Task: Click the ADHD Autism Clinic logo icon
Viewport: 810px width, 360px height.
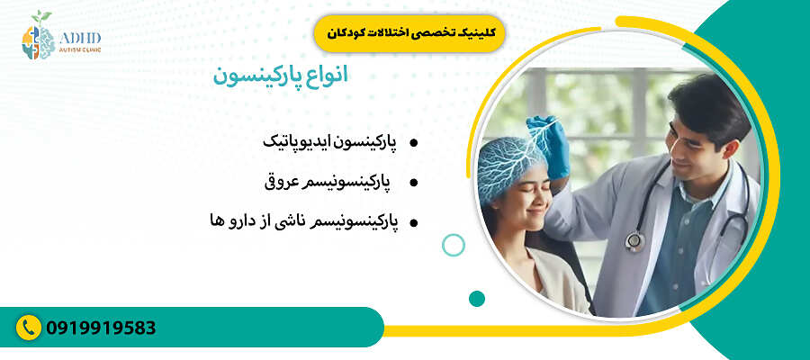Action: point(38,36)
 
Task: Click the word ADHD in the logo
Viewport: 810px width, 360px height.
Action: point(80,37)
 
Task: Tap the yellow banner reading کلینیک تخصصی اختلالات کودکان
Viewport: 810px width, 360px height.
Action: point(409,32)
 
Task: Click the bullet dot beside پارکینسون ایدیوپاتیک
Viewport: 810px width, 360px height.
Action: point(413,143)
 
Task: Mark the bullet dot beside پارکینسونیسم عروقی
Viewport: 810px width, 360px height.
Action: point(413,182)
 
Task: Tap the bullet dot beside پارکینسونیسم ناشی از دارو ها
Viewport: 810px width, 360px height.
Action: point(413,221)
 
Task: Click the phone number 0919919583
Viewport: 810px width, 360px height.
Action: point(101,328)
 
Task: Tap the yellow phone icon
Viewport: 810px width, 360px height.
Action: point(30,328)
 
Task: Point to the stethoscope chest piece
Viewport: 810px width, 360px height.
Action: point(636,240)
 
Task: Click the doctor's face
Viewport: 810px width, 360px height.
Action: point(693,144)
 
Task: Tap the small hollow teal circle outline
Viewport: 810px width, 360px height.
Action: point(454,245)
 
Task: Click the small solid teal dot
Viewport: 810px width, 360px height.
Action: point(477,298)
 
